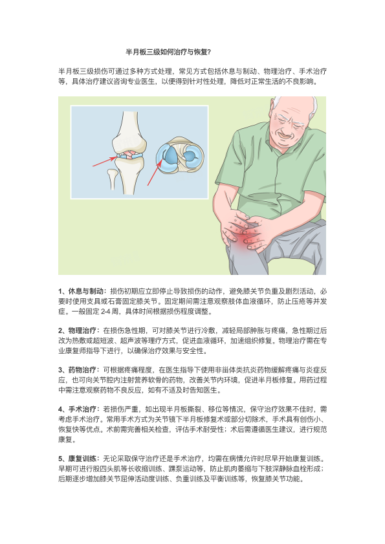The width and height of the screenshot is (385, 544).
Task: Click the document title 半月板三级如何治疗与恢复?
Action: coord(168,52)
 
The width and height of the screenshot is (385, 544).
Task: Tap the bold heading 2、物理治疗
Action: coord(77,331)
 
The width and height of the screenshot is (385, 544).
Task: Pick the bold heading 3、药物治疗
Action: coord(77,370)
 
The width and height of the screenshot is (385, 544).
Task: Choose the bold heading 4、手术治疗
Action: coord(77,409)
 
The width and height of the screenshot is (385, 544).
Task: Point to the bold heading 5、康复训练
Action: coord(77,459)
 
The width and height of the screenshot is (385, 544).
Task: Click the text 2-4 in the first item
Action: coord(105,312)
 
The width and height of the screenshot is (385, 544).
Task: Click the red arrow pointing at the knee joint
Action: coord(104,162)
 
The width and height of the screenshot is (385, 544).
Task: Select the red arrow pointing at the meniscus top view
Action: coord(155,173)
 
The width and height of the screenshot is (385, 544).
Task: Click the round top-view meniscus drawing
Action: coord(179,155)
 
